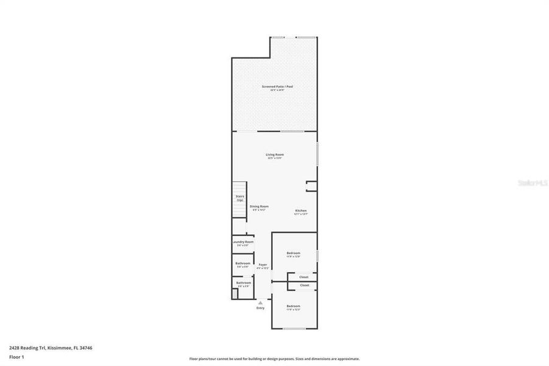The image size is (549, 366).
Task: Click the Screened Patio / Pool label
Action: tap(277, 87)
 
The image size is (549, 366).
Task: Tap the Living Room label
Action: tap(275, 154)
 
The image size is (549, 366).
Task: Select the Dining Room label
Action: tap(259, 206)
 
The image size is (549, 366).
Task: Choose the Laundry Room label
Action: tap(243, 242)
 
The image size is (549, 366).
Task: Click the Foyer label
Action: tap(263, 265)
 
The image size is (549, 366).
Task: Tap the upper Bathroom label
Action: tap(243, 264)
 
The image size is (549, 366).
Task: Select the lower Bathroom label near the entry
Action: tap(243, 282)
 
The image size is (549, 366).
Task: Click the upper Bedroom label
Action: tap(294, 253)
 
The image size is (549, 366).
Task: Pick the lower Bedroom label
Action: tap(294, 306)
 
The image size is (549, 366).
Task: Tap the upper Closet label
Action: tap(303, 277)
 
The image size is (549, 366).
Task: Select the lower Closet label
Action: tap(304, 285)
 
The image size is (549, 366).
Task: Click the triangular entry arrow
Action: tap(261, 302)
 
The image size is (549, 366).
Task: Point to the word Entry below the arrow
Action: tap(261, 307)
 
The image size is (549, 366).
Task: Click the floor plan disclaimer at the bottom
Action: tap(274, 359)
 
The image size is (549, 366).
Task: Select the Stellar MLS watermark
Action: tap(530, 182)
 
